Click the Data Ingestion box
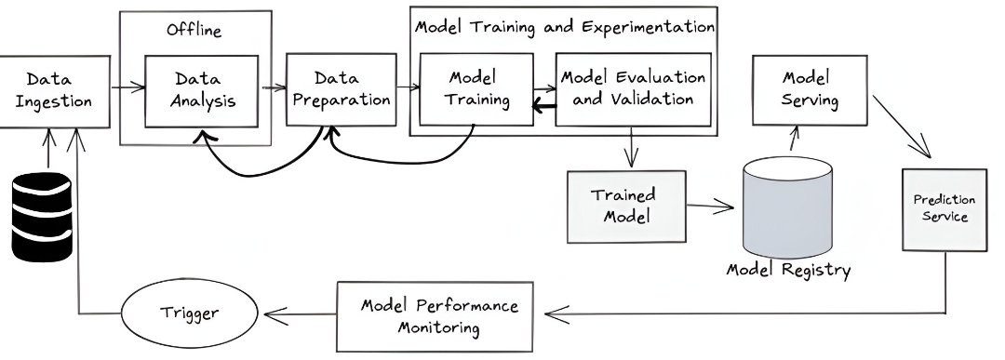click(x=54, y=89)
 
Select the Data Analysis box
click(x=201, y=89)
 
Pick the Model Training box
click(x=476, y=88)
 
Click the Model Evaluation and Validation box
click(x=633, y=88)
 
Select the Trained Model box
click(x=626, y=206)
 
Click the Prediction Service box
click(x=944, y=208)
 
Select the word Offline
click(x=194, y=31)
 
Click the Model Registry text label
click(x=789, y=271)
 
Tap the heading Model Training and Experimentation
click(x=564, y=26)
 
